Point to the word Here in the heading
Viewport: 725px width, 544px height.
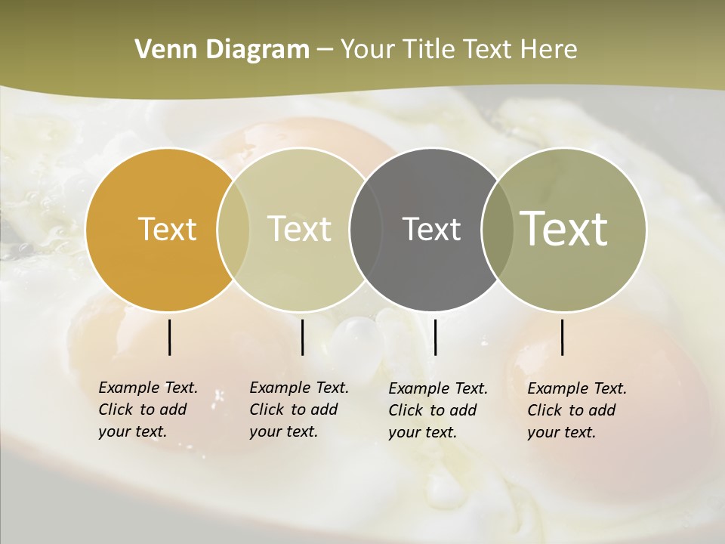click(x=549, y=50)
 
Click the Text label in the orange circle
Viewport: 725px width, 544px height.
click(x=167, y=229)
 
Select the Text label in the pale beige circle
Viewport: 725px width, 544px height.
click(x=299, y=229)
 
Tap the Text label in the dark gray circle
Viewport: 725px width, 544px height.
click(x=431, y=229)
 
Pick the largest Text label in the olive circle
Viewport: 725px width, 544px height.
click(x=563, y=228)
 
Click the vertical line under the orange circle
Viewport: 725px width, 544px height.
click(x=169, y=337)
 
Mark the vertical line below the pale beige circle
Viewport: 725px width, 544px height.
click(x=302, y=337)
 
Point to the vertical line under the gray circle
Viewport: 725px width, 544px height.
click(x=435, y=337)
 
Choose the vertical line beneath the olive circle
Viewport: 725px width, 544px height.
click(x=562, y=337)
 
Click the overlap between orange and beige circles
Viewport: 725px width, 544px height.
click(x=233, y=230)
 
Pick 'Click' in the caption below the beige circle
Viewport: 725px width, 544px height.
click(x=266, y=410)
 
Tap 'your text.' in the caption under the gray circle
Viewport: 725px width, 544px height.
click(x=423, y=432)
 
